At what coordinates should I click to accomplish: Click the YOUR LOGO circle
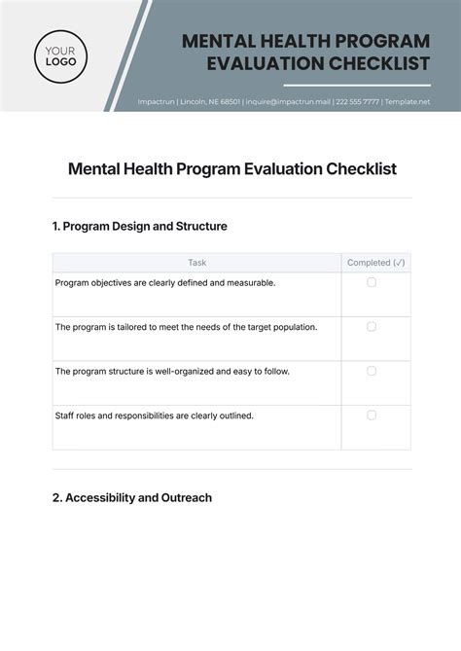[60, 55]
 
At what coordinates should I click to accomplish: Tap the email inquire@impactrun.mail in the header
[287, 101]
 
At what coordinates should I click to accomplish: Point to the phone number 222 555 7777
[357, 101]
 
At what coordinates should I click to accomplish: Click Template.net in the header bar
[408, 101]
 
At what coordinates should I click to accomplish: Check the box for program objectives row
[372, 282]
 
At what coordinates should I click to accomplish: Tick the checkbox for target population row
[372, 327]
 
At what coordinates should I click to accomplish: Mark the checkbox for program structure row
[372, 371]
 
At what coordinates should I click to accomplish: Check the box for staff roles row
[372, 415]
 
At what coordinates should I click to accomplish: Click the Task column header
[196, 263]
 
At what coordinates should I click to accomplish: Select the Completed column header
[375, 263]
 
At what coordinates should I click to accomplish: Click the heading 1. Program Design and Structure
[139, 226]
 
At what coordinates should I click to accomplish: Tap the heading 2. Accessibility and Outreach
[131, 497]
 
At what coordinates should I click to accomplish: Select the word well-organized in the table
[195, 371]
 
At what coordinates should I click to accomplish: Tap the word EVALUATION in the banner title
[271, 63]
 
